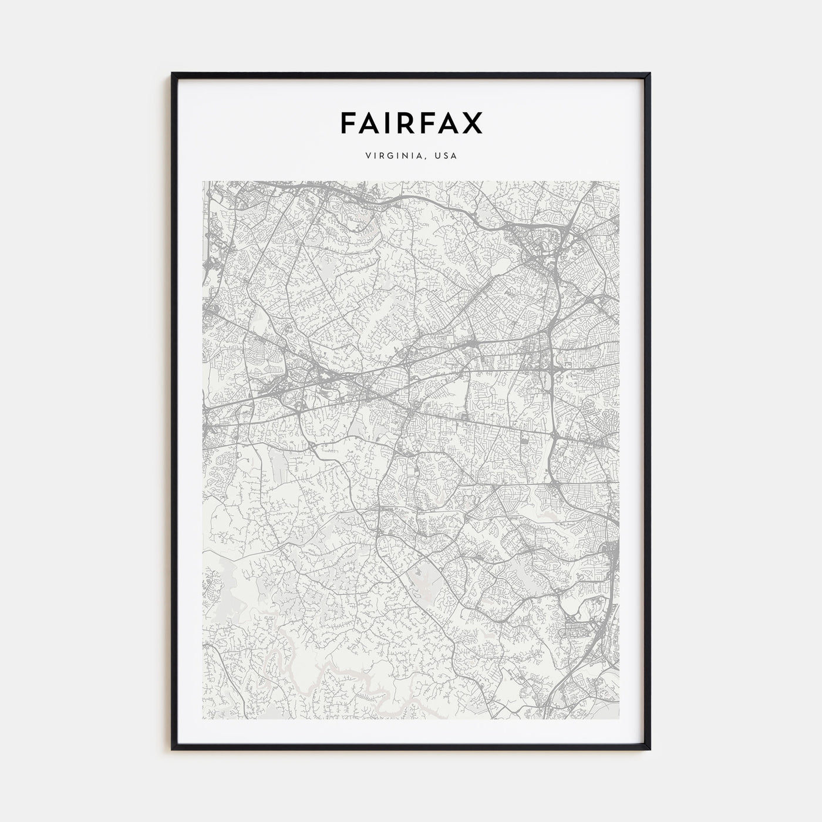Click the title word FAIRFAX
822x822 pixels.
tap(411, 122)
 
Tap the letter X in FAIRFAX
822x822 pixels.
tap(472, 122)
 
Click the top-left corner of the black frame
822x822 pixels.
tap(172, 73)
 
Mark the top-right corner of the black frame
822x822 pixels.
tap(650, 73)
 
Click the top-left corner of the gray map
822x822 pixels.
tap(203, 181)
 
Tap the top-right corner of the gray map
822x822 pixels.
tap(619, 181)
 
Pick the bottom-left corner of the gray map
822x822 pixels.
tap(203, 719)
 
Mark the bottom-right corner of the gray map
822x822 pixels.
tap(619, 719)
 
